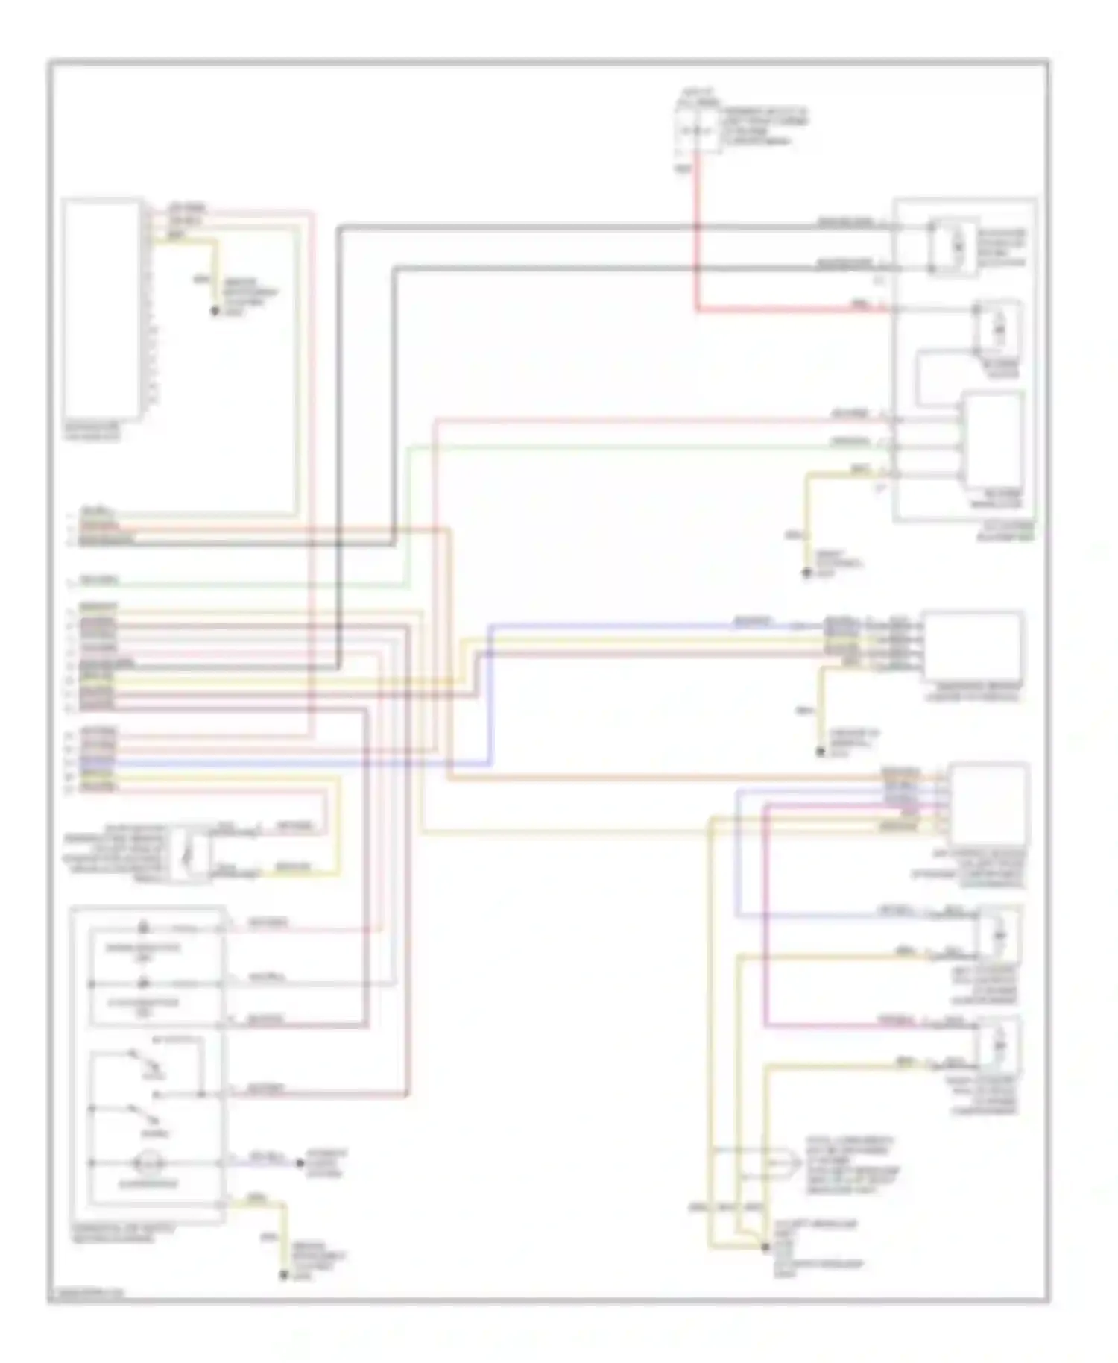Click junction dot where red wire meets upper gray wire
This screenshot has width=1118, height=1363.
point(697,226)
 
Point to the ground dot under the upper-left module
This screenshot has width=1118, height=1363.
point(215,311)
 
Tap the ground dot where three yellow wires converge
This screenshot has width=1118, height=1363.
point(765,1247)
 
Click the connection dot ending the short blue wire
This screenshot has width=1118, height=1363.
point(300,1163)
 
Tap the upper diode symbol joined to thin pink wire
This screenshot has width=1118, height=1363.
point(144,928)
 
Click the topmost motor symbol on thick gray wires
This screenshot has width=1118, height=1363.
point(955,246)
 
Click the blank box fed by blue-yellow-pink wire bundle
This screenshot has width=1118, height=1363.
point(972,646)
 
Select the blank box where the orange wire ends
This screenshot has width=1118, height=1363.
point(988,803)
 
